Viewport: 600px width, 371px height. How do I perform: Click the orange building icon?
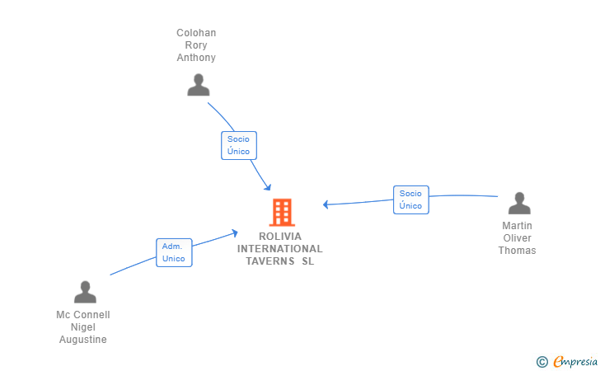(x=282, y=212)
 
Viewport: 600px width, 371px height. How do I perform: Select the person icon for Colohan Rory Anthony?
(x=198, y=85)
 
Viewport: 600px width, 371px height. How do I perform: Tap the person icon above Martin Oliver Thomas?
(x=519, y=203)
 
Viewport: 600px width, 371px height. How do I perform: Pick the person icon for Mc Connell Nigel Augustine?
(x=85, y=292)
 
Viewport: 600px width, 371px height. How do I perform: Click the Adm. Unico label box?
(x=174, y=253)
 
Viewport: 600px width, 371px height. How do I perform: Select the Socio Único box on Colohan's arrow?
(x=239, y=145)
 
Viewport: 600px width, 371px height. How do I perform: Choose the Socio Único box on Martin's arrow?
(x=411, y=200)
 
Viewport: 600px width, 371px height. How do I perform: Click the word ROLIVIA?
(x=280, y=237)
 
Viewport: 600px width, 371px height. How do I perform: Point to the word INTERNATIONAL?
(x=279, y=249)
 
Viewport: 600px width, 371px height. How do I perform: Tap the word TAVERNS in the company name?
(x=270, y=261)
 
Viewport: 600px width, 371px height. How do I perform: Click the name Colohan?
(x=196, y=33)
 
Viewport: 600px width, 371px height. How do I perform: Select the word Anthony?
(x=196, y=58)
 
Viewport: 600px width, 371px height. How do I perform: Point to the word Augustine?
(x=83, y=340)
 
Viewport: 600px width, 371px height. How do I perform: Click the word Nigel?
(x=83, y=327)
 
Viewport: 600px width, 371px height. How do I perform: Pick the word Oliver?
(x=518, y=238)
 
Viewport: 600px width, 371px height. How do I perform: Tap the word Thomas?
(x=517, y=251)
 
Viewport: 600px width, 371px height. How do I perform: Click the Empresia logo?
(x=575, y=361)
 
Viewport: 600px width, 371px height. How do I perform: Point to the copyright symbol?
(x=541, y=362)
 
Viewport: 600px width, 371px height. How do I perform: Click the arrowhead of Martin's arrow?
(x=326, y=204)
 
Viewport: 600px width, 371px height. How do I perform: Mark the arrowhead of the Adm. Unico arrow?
(x=235, y=232)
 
